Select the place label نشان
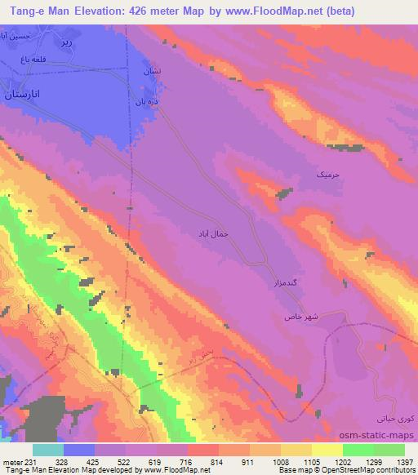[x=152, y=73]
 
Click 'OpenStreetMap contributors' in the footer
[x=367, y=470]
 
